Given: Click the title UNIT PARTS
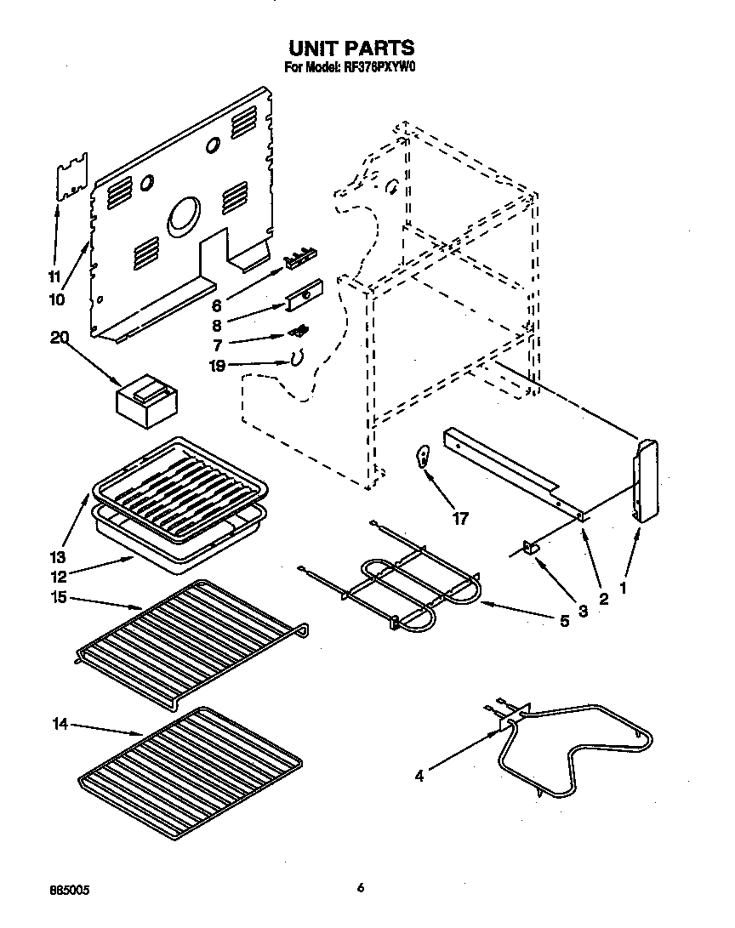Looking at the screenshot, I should point(351,48).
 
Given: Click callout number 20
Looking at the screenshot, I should point(59,338).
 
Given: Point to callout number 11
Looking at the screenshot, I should point(54,276).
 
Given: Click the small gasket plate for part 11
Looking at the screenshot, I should point(71,177).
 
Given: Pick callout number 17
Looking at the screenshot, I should point(460,519).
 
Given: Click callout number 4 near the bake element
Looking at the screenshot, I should point(420,776).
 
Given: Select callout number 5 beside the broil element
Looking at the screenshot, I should point(564,622).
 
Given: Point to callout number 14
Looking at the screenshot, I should point(59,724).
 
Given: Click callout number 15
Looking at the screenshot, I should point(59,597).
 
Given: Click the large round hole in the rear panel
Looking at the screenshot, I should point(185,217).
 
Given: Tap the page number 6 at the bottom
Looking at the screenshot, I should point(361,888).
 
